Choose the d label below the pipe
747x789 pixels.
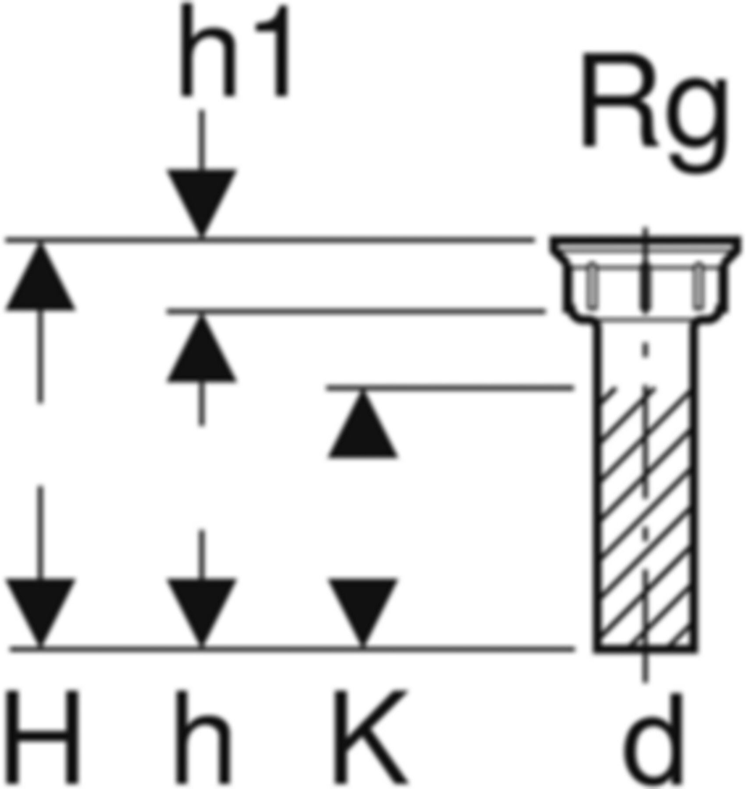(653, 741)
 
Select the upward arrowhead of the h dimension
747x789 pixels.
(201, 351)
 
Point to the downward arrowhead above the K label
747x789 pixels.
(363, 609)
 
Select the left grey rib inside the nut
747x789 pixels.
(592, 285)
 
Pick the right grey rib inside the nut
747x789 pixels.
(697, 285)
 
